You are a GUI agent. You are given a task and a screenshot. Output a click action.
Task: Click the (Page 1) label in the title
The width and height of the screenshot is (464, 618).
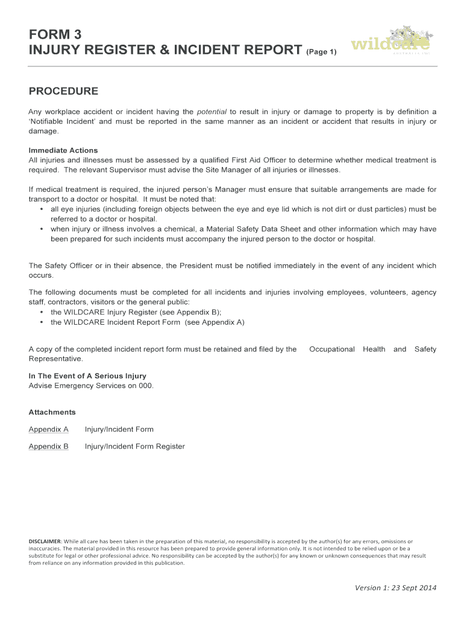click(321, 52)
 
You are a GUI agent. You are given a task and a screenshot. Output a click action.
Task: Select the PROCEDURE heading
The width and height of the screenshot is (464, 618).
click(63, 92)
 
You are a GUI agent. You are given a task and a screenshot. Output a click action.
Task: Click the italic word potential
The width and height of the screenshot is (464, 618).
click(212, 112)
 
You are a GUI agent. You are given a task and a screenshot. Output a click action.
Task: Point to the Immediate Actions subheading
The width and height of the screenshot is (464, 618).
click(63, 150)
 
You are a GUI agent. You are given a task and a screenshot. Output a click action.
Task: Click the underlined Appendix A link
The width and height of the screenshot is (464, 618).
click(49, 429)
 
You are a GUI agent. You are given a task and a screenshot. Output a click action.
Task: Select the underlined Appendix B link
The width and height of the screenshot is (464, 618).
click(49, 447)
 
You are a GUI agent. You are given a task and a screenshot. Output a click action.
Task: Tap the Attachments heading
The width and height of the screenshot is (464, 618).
click(52, 412)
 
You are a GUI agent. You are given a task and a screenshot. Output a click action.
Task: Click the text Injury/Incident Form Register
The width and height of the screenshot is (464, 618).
click(135, 447)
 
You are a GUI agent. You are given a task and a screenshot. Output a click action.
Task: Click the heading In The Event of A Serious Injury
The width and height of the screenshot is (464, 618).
click(87, 376)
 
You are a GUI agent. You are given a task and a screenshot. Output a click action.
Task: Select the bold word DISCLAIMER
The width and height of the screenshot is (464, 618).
click(45, 541)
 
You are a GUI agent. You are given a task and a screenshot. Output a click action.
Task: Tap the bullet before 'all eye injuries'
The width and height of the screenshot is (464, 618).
click(40, 209)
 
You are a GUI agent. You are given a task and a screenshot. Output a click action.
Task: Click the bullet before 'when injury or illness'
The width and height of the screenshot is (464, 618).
click(40, 229)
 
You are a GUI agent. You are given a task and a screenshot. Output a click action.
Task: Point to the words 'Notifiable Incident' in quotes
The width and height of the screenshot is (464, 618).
click(61, 121)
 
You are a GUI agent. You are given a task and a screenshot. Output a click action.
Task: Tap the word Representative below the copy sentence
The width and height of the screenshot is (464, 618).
click(56, 358)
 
